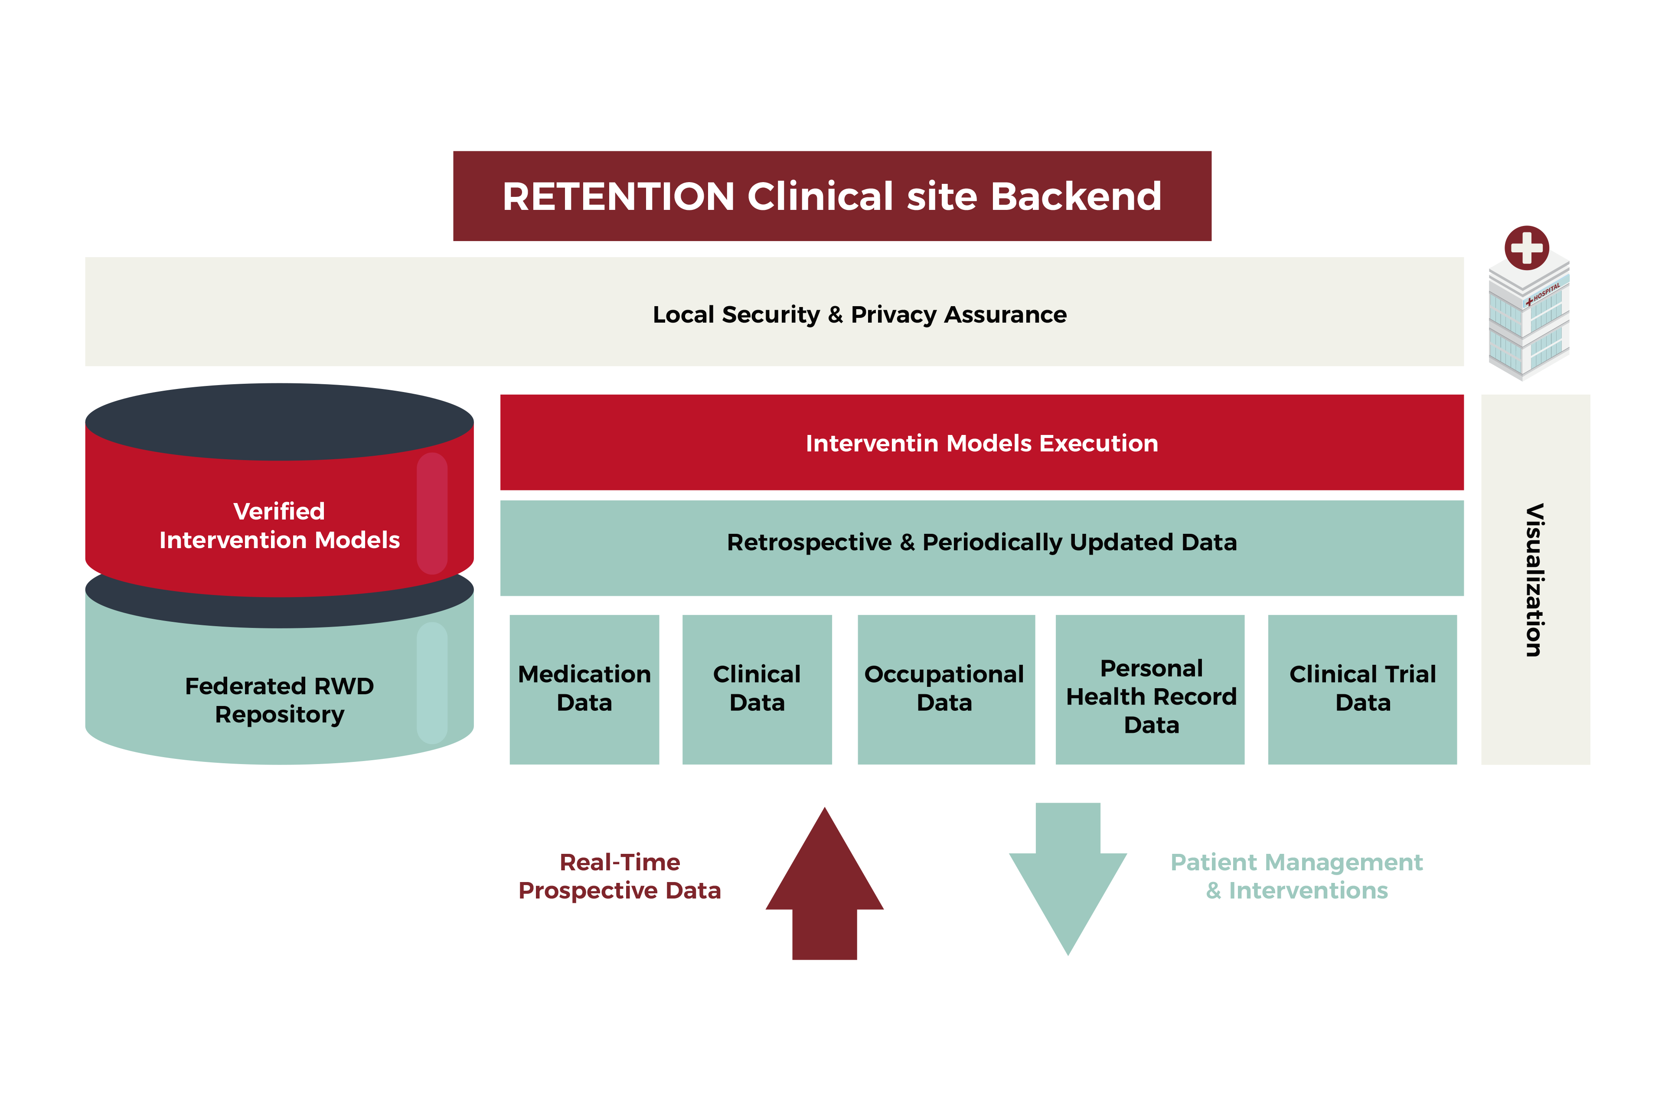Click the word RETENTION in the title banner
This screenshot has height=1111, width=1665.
(x=619, y=196)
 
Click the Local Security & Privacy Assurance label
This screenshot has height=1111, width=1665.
(x=859, y=314)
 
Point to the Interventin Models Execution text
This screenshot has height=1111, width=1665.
(x=982, y=444)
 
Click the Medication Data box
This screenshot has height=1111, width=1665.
(x=584, y=689)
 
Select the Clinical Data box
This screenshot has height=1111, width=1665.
(x=757, y=689)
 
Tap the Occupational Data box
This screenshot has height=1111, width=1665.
(x=947, y=689)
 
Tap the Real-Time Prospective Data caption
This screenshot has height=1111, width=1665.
(x=620, y=876)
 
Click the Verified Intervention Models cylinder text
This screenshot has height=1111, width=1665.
(x=279, y=526)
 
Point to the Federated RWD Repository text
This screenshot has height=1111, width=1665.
(x=279, y=700)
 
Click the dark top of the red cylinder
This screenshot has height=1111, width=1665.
(x=279, y=422)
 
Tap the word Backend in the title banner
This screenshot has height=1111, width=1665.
(x=1076, y=196)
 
